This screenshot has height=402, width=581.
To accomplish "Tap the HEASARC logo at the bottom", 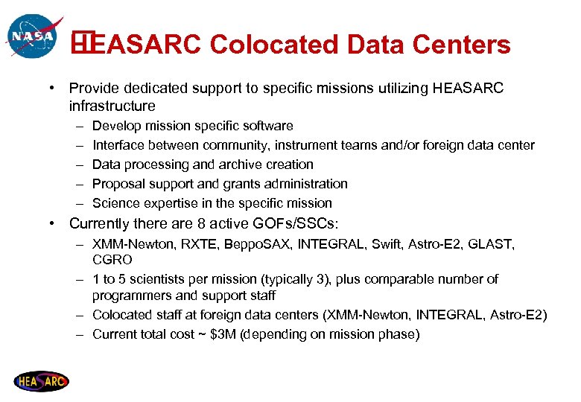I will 40,381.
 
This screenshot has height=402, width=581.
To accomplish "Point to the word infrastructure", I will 112,106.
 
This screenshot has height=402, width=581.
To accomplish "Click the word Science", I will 115,203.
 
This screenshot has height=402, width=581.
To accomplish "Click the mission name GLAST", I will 494,243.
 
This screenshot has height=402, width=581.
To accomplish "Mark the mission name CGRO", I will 112,260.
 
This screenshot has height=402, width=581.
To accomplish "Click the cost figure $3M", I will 224,334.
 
